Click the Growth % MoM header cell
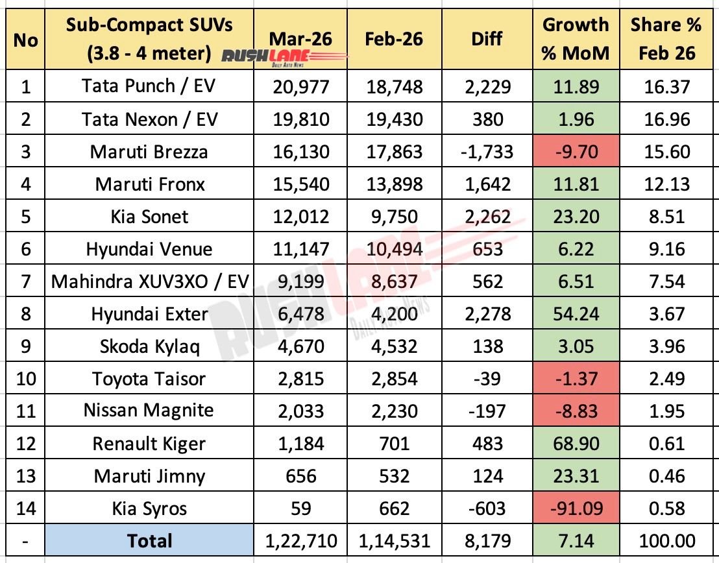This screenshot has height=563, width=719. (x=576, y=38)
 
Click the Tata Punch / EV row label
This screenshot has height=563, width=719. (x=150, y=86)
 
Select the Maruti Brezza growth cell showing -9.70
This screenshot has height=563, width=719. (x=576, y=152)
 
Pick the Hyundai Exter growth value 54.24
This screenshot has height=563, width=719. (x=576, y=314)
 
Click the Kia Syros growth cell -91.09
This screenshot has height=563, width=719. (x=576, y=509)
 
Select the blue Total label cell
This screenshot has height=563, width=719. (x=150, y=541)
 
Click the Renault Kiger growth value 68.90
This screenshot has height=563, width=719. (x=576, y=444)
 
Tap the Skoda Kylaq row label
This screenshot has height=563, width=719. (x=150, y=346)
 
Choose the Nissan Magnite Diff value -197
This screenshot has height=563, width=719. (x=487, y=411)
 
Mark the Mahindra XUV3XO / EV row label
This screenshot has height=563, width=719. (x=150, y=281)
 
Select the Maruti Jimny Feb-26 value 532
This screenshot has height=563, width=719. (x=393, y=476)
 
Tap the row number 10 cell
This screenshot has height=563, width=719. (x=25, y=379)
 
